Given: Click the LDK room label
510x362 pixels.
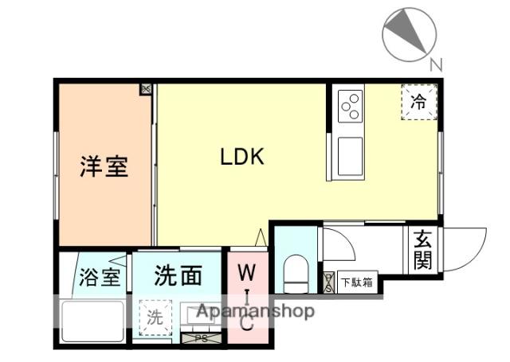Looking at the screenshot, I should tap(242, 157).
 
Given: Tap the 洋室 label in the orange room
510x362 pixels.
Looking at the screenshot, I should tap(104, 167).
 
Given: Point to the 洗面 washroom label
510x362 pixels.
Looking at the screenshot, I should tap(178, 276).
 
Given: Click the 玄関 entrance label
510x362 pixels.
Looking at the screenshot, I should tap(422, 250).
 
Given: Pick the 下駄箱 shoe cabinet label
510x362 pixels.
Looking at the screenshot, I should tap(356, 282).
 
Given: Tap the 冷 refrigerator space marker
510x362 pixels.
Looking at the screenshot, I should tap(418, 102).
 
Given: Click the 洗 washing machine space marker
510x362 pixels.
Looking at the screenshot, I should tap(155, 317).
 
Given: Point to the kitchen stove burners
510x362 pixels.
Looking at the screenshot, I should tap(350, 106).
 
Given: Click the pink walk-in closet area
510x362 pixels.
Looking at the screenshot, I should tap(247, 298).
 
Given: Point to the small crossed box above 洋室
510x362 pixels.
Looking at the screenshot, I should tap(146, 89).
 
